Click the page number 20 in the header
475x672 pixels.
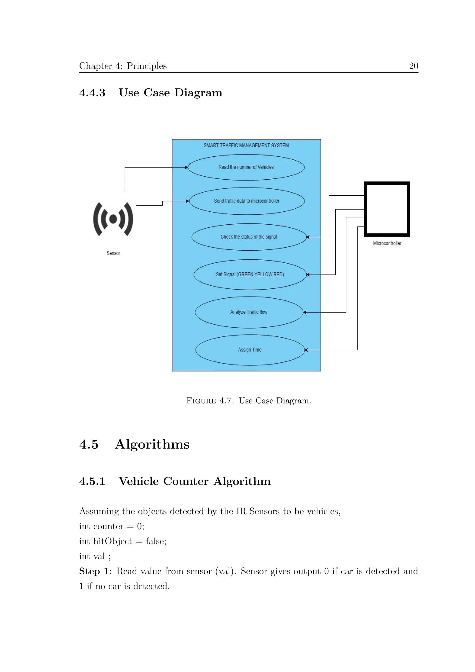(x=413, y=66)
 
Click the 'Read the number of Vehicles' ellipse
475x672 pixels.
(x=246, y=167)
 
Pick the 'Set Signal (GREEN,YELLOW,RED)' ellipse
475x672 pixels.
(x=250, y=275)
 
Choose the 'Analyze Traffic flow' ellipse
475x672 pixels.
(x=249, y=312)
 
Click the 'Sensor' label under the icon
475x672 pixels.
(x=113, y=253)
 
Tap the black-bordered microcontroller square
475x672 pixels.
(x=387, y=209)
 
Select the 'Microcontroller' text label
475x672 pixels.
(x=387, y=243)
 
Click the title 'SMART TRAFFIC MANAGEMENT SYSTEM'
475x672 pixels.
(x=246, y=145)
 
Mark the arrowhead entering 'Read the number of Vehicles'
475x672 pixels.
(x=186, y=167)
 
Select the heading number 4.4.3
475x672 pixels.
(x=92, y=93)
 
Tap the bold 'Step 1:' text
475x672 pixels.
(x=95, y=571)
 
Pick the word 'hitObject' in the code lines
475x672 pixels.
(x=113, y=541)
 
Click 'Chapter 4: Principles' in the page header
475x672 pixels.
(x=123, y=66)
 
